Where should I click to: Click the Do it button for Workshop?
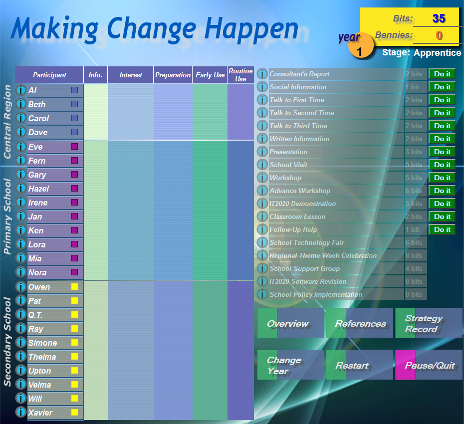click(442, 178)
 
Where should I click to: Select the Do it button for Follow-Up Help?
click(442, 229)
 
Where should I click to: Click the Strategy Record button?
click(428, 323)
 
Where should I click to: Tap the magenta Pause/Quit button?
click(429, 365)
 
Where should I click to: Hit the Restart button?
click(359, 365)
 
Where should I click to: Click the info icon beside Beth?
click(21, 104)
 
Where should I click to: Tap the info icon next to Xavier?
click(21, 413)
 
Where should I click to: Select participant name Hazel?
click(38, 189)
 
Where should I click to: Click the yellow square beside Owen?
click(74, 287)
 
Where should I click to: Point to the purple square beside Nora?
click(74, 272)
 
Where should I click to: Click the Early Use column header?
click(210, 75)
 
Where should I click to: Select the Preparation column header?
click(173, 75)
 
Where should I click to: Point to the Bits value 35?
click(439, 19)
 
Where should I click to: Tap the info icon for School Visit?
click(262, 165)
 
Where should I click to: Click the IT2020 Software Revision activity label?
click(308, 281)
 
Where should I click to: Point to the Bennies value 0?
click(439, 35)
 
